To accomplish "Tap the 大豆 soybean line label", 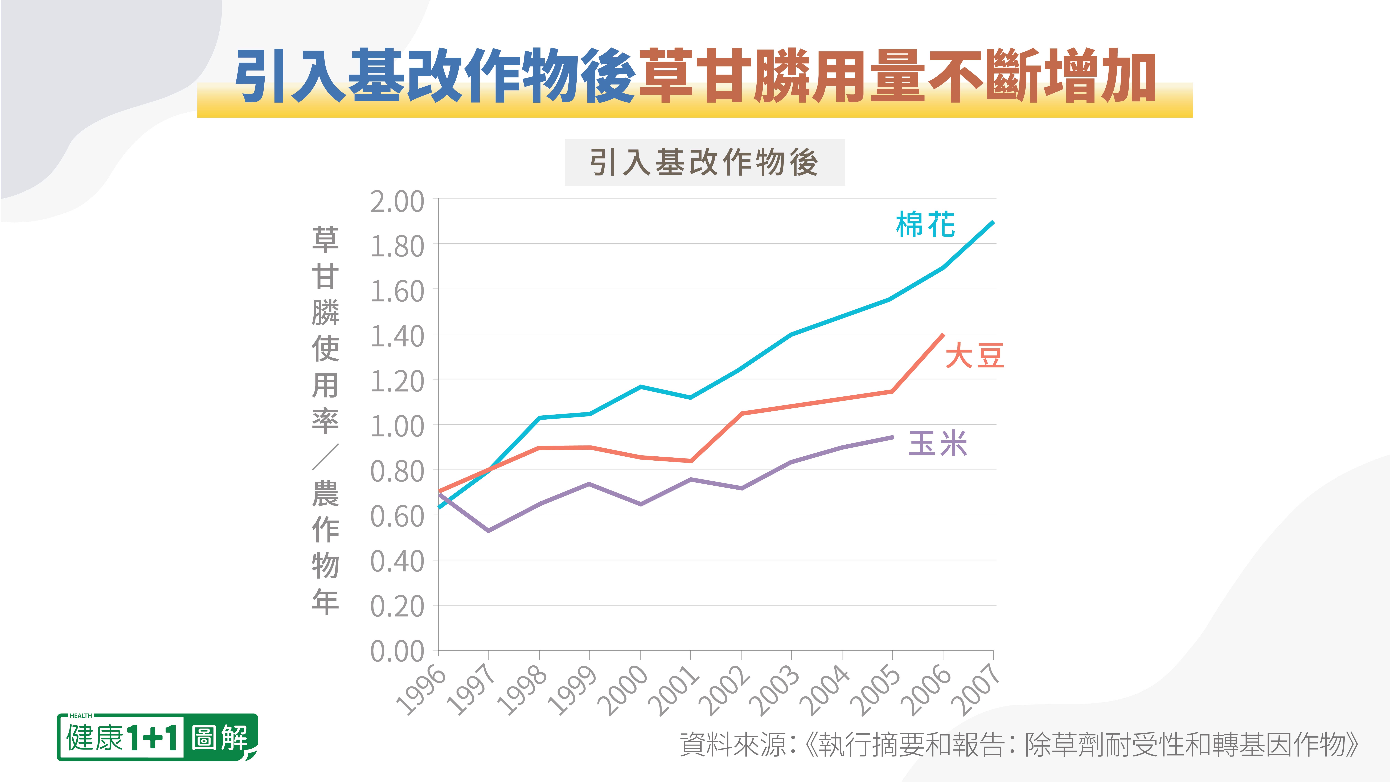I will [974, 356].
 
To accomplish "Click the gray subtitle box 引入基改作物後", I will [704, 162].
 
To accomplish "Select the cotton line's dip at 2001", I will [691, 398].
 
